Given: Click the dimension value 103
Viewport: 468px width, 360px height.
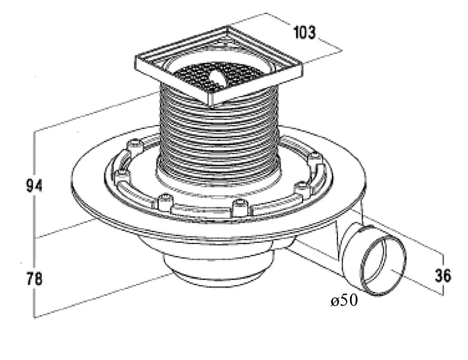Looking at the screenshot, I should pyautogui.click(x=304, y=33).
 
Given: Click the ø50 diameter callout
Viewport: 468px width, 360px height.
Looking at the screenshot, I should pyautogui.click(x=344, y=301).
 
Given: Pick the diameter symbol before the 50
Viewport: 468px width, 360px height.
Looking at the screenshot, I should pyautogui.click(x=334, y=302).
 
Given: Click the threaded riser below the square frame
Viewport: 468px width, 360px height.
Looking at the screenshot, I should pyautogui.click(x=220, y=136).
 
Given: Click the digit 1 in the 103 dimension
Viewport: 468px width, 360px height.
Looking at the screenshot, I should pyautogui.click(x=297, y=33).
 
